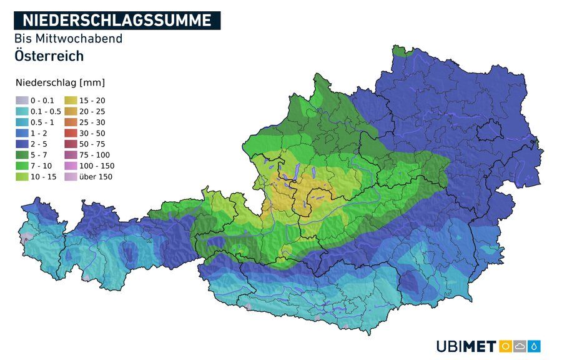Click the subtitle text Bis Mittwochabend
pos(68,39)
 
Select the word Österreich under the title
pos(49,56)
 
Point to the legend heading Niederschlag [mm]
pos(60,82)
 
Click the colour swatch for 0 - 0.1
pos(22,100)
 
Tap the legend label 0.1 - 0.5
pos(46,111)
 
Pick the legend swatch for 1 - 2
pos(22,133)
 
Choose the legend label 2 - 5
pos(39,144)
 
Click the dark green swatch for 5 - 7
pos(22,155)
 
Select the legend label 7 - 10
pos(41,166)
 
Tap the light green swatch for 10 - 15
pos(22,177)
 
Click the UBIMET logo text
pos(466,346)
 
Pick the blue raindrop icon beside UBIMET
pos(535,346)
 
